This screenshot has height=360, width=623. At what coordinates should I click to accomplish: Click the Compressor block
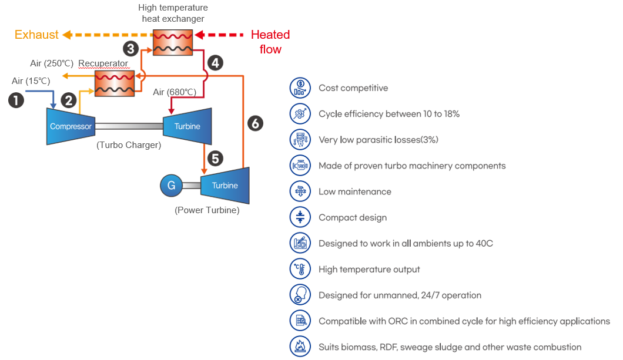click(x=71, y=126)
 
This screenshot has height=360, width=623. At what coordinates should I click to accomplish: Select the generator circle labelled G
click(x=171, y=186)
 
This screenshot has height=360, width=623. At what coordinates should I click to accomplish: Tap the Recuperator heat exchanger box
click(x=115, y=84)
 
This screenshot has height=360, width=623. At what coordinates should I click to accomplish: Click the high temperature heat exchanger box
click(x=173, y=42)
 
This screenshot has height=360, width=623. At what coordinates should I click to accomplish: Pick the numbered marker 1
click(x=16, y=100)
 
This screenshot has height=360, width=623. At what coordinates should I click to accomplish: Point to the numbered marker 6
click(x=256, y=123)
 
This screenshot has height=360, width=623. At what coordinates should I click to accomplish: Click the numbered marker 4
click(x=215, y=63)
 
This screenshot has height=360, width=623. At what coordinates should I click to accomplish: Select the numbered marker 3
click(x=130, y=49)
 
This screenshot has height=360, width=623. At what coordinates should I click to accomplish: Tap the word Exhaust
click(x=36, y=35)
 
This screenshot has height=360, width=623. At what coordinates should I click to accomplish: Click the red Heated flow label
click(x=270, y=42)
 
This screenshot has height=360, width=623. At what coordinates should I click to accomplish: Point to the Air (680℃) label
click(x=175, y=92)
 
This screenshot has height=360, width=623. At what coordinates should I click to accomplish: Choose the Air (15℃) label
click(x=31, y=81)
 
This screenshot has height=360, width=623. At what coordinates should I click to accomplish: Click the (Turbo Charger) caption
click(x=129, y=145)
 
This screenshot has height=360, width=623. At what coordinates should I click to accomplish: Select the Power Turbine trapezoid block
click(x=225, y=186)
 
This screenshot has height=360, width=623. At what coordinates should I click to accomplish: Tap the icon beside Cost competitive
click(x=300, y=88)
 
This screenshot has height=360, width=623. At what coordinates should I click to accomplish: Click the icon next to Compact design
click(x=300, y=217)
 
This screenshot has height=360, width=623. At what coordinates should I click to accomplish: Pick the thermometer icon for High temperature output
click(x=300, y=269)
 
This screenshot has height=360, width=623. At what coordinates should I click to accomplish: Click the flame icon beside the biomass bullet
click(x=300, y=346)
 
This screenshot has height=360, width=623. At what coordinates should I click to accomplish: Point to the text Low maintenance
click(x=355, y=191)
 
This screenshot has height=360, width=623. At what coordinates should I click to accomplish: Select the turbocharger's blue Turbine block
click(x=187, y=126)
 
